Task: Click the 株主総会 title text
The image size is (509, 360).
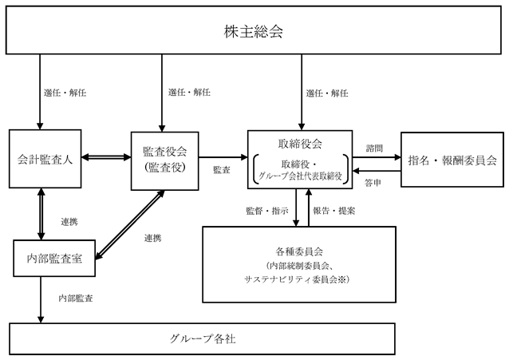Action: (253, 31)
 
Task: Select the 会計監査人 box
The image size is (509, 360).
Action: (45, 159)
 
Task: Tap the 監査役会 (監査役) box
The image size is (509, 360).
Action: (165, 160)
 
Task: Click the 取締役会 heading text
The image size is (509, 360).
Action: (300, 144)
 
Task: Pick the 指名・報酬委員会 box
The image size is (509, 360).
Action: (452, 160)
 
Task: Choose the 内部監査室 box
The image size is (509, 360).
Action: (54, 259)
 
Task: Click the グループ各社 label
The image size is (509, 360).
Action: (203, 339)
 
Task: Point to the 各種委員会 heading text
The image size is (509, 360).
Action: (299, 251)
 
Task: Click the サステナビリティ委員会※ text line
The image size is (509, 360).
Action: (297, 279)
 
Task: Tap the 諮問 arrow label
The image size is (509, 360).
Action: (374, 148)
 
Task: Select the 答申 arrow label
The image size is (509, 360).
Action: (373, 183)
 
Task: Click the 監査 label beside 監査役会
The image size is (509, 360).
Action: (222, 169)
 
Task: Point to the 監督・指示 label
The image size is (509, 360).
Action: (267, 211)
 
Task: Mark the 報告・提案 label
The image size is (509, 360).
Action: (334, 211)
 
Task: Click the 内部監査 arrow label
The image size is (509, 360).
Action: (76, 299)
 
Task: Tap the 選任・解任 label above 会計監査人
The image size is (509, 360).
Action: (65, 93)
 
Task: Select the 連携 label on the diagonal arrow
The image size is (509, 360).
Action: (153, 238)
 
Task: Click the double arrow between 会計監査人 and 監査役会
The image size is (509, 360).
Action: (106, 157)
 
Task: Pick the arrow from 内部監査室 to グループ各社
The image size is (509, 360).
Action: (41, 300)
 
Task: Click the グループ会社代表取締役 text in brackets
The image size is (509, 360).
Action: (300, 176)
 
